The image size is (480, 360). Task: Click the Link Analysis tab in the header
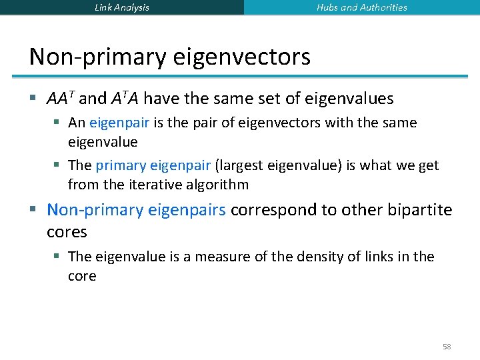122,7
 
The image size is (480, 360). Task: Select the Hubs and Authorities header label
362,7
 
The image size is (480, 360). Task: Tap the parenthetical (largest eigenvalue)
278,165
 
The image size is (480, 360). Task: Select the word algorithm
217,185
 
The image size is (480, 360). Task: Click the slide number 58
447,347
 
